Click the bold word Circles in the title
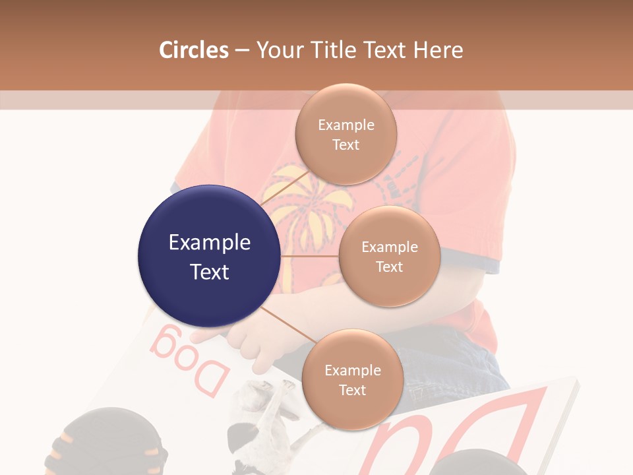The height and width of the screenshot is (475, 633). pos(193,50)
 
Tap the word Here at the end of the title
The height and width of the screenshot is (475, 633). pos(438,50)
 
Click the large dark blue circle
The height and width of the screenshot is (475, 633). pos(209,257)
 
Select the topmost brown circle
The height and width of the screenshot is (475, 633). pos(346,134)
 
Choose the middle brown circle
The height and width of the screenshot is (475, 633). pos(389,256)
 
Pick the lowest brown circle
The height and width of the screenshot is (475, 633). pos(352,379)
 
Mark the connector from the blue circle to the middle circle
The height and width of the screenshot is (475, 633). pos(309,256)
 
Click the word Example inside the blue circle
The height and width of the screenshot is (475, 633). pos(209,243)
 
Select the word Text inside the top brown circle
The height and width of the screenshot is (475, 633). pos(346,145)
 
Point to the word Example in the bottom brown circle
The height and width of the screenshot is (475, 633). pos(352,370)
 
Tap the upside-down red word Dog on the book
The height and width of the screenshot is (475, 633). pos(188,362)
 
